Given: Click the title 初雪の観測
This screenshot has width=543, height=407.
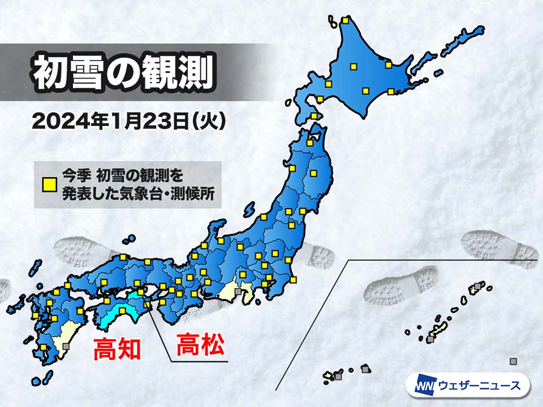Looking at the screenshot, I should (123, 73).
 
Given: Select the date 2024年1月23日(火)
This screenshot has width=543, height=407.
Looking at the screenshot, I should (129, 121).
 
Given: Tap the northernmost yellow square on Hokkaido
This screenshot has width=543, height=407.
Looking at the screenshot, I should (344, 21).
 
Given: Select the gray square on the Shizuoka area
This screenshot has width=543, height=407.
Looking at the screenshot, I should (238, 292).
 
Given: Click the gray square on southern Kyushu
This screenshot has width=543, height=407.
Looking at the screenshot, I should (66, 346).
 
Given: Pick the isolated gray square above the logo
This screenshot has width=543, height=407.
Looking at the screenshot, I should (513, 361).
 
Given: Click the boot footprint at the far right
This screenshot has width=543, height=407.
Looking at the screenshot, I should (498, 249).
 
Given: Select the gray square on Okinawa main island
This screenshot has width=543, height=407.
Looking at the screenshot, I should (431, 339).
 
